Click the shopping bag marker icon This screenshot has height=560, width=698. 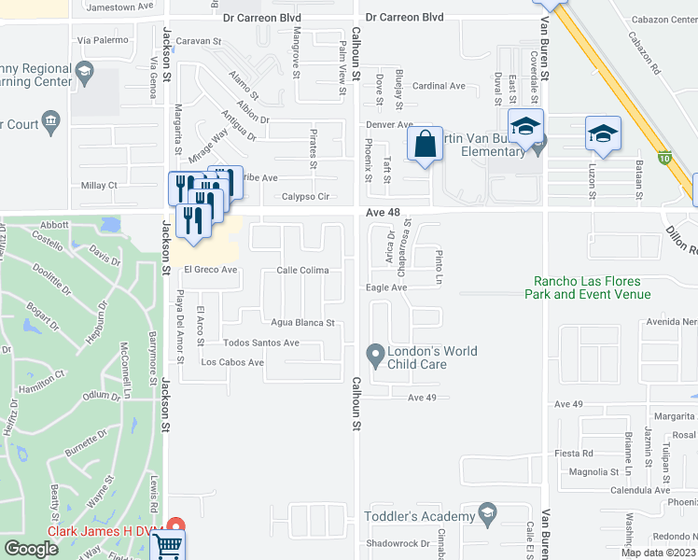click(425, 145)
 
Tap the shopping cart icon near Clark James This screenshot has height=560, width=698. click(167, 544)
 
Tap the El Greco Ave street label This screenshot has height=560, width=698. click(211, 270)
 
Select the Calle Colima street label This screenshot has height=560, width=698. click(302, 271)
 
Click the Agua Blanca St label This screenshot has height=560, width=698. click(302, 323)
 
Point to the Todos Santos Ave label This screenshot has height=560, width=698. click(261, 343)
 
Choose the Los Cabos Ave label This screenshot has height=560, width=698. click(233, 362)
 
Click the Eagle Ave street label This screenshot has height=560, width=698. click(386, 287)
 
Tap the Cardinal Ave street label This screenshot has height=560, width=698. click(439, 86)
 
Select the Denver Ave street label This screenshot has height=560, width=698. click(389, 124)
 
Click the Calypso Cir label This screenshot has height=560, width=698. click(307, 197)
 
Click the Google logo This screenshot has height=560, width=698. click(32, 549)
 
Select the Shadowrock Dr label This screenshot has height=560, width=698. click(398, 543)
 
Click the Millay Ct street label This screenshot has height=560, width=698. click(99, 186)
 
